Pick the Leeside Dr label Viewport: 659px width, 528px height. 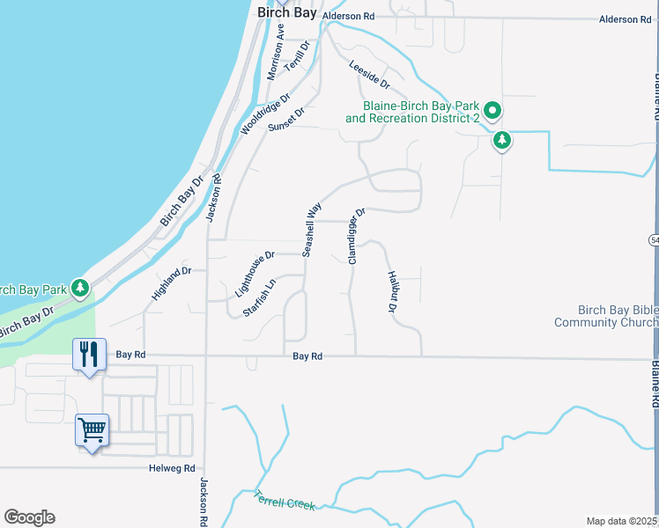pyautogui.click(x=369, y=74)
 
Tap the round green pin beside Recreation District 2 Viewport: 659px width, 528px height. pyautogui.click(x=493, y=111)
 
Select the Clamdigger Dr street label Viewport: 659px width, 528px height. pyautogui.click(x=356, y=236)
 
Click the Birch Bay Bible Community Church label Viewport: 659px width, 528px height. pyautogui.click(x=604, y=316)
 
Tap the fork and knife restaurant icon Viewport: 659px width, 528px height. pyautogui.click(x=88, y=354)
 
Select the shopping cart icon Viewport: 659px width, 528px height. pyautogui.click(x=92, y=429)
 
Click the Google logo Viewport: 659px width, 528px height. pyautogui.click(x=29, y=517)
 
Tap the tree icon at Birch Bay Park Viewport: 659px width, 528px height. pyautogui.click(x=80, y=287)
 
